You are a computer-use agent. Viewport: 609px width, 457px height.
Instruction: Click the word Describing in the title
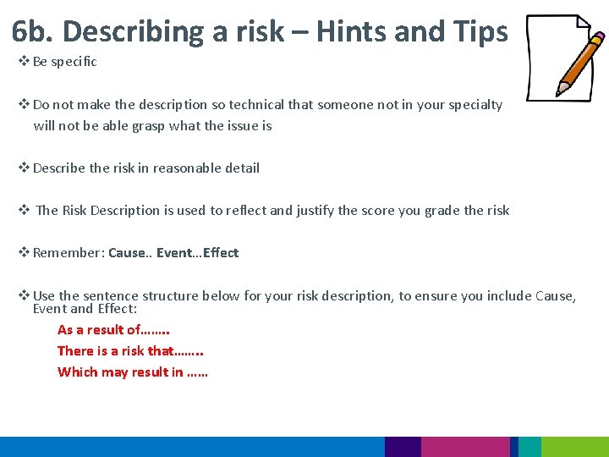(x=134, y=31)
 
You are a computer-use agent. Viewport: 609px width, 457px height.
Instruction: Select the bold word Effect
(x=222, y=253)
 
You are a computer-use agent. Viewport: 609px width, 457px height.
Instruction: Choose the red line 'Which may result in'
(x=133, y=372)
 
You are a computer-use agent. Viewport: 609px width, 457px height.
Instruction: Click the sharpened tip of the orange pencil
(x=559, y=91)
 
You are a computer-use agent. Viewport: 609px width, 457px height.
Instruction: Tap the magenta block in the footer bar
(x=465, y=447)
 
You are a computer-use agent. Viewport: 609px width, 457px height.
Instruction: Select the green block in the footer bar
(x=574, y=447)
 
